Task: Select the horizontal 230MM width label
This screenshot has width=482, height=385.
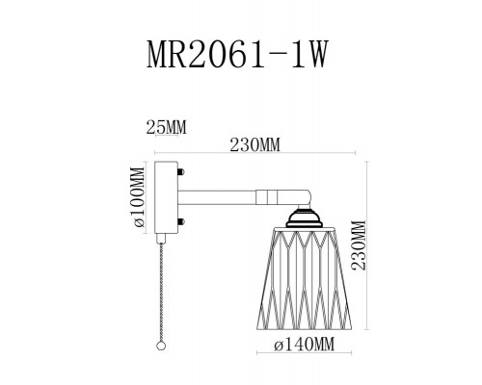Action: coord(256,144)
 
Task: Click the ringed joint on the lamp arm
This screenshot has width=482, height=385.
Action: coord(263,197)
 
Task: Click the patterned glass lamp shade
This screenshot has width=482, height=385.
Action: coord(302,279)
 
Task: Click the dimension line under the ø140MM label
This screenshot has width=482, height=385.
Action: coord(302,357)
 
